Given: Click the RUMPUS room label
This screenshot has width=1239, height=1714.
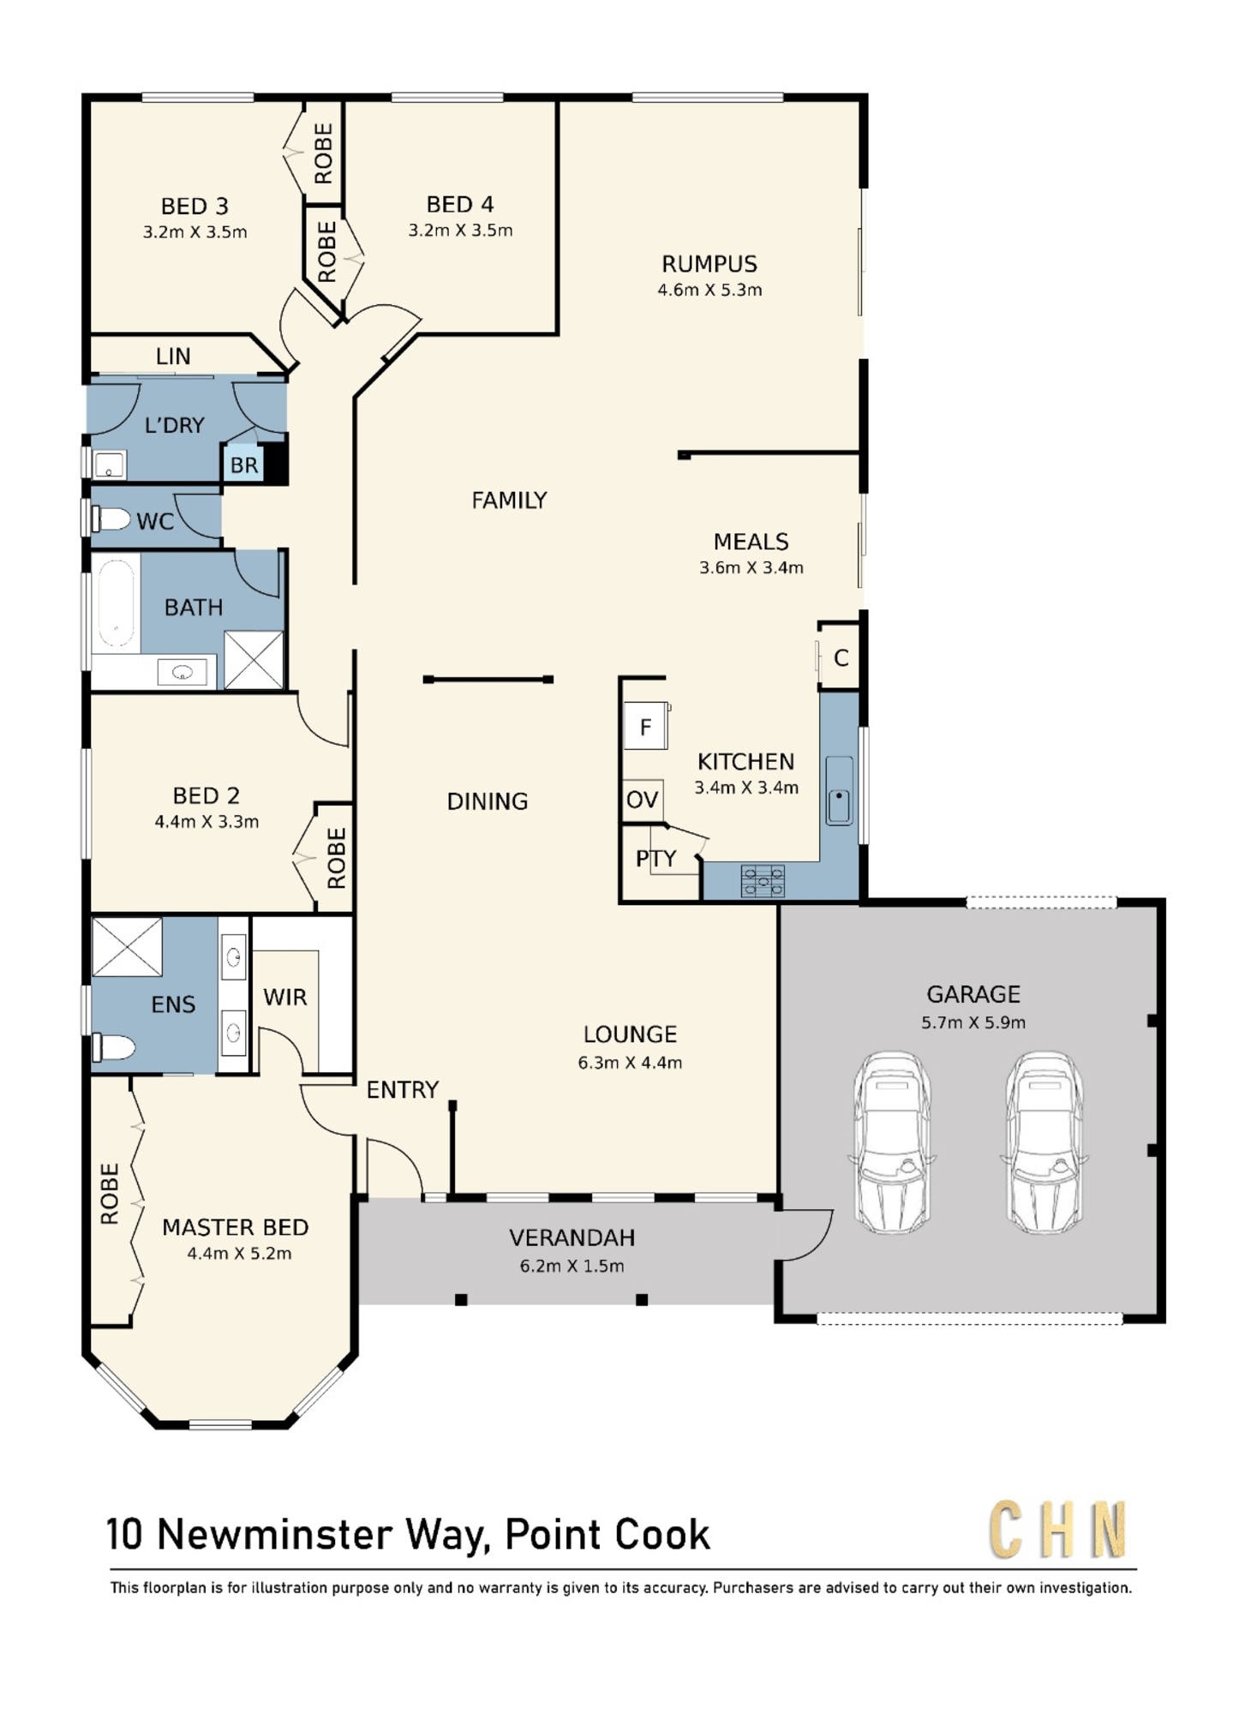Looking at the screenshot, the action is [709, 264].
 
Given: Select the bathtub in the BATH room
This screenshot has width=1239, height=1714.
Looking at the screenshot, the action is [116, 602].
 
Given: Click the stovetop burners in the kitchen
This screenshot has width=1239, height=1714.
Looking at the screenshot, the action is [763, 880].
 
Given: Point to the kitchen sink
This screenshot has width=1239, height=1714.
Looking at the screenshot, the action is [839, 790].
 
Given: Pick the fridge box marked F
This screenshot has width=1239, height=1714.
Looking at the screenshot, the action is [645, 726].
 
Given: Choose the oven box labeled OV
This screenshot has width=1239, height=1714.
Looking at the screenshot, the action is [643, 800].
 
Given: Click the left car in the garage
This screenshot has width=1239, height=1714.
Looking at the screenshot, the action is [892, 1142].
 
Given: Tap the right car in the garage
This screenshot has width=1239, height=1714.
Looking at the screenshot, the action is [1044, 1142].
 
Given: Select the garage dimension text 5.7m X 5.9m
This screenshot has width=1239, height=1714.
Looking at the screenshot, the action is [973, 1022].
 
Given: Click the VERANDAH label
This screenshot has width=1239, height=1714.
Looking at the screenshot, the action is [572, 1238].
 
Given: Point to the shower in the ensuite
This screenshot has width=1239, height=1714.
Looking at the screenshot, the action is [127, 947].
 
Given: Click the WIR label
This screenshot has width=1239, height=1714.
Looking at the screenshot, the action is [284, 997].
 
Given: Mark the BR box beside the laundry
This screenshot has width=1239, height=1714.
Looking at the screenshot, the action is [244, 464].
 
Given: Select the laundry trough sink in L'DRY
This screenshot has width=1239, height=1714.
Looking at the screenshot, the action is [110, 465].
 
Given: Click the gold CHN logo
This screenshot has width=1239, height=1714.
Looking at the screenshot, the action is [1058, 1530].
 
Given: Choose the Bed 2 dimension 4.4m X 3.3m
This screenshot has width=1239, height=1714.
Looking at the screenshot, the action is [206, 822].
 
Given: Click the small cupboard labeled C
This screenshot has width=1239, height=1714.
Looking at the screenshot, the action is [841, 657].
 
